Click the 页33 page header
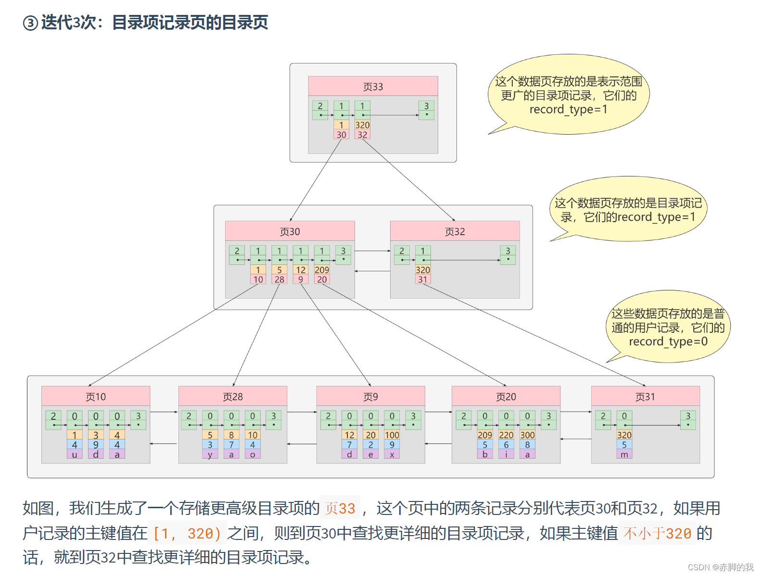(373, 86)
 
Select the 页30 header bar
(290, 231)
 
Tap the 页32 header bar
(455, 231)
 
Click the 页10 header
(96, 396)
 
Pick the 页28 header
(233, 396)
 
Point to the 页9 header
(370, 396)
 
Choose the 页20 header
(506, 396)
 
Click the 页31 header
(645, 396)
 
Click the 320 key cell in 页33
(362, 125)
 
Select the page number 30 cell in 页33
(341, 135)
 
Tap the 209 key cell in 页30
(322, 270)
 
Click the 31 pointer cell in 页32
(423, 279)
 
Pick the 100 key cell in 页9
(392, 435)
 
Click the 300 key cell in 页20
(527, 435)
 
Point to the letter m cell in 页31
(624, 454)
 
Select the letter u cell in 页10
(75, 454)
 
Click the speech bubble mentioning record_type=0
(668, 327)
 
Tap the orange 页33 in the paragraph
(340, 508)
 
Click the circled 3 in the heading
(30, 23)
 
